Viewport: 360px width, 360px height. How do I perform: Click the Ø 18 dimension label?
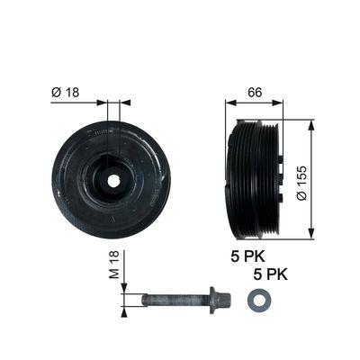tap(66, 92)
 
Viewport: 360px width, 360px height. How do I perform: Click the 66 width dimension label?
tap(255, 93)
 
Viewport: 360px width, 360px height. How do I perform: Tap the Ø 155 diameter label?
tap(301, 183)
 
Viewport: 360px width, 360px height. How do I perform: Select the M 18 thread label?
tap(114, 265)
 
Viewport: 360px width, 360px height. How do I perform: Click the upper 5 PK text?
tap(248, 256)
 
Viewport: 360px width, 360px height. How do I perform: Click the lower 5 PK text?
tap(270, 274)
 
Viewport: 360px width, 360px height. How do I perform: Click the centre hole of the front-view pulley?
tap(113, 180)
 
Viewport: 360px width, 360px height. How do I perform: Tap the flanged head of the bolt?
tap(220, 300)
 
